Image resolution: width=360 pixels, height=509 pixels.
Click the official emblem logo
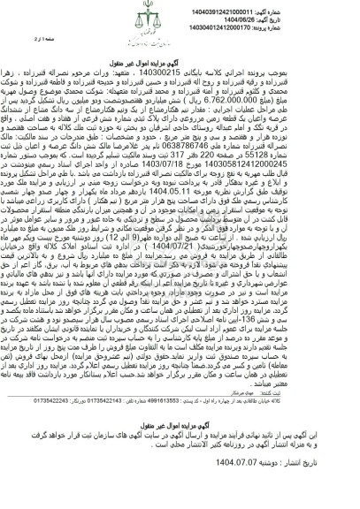pyautogui.click(x=180, y=15)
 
